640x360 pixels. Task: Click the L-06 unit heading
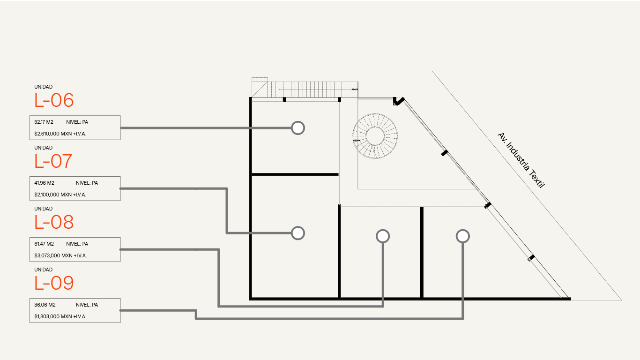point(54,100)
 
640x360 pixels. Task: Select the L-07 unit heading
point(53,161)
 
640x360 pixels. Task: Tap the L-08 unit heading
point(54,222)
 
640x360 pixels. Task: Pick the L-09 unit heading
point(54,283)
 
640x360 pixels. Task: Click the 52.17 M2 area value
point(44,122)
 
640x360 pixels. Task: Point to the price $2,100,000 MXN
point(60,195)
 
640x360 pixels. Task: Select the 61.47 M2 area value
point(44,244)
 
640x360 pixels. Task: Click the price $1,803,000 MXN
point(60,316)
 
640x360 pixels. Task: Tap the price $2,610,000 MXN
point(60,134)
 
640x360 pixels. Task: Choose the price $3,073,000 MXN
point(60,255)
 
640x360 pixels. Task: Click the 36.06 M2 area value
point(45,305)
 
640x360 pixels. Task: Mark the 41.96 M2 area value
point(44,183)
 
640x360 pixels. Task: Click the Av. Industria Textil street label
point(521,160)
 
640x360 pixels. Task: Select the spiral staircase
point(375,135)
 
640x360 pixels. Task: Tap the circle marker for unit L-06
point(298,127)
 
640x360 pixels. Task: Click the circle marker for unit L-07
point(298,233)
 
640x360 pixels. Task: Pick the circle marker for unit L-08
point(383,236)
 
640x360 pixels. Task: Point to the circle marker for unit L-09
point(463,236)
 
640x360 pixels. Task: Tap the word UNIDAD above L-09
point(44,270)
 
